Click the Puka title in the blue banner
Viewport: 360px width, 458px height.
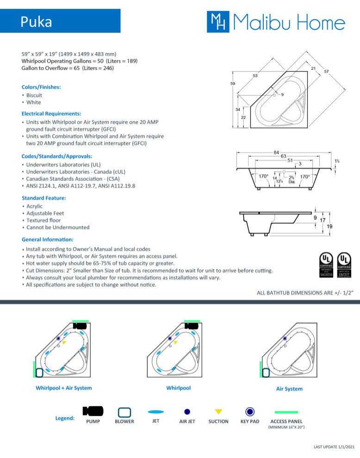coord(36,21)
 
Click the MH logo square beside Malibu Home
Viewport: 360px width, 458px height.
coord(217,22)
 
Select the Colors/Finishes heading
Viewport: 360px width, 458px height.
coord(41,87)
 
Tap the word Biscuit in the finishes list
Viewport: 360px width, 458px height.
coord(34,95)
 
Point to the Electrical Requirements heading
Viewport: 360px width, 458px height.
coord(51,113)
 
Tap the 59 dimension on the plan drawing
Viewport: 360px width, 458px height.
coord(233,84)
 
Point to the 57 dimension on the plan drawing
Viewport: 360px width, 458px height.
coord(327,71)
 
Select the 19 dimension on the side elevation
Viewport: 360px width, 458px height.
coord(329,227)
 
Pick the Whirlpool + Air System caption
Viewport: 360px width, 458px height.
coord(64,388)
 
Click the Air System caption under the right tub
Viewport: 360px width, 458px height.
coord(289,389)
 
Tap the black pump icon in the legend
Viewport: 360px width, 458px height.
coord(93,411)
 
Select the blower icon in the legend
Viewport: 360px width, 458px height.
coord(124,412)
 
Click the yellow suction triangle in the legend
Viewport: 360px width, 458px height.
coord(218,411)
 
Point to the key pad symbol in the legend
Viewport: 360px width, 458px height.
coord(250,411)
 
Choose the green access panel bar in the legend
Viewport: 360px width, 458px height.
coord(286,412)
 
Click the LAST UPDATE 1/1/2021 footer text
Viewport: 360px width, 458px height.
coord(334,447)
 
